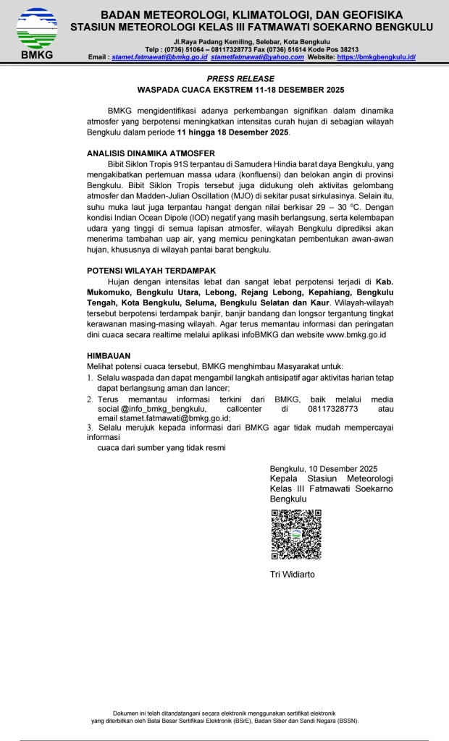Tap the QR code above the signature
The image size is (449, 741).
(295, 535)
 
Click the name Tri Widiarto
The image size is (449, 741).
(292, 575)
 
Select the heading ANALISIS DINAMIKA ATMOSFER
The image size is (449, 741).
(151, 154)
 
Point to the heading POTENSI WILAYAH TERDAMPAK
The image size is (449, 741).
(152, 271)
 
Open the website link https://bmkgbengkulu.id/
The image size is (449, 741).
(376, 56)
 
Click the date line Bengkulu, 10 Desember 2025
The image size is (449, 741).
(323, 469)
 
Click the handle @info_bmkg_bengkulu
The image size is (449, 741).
(158, 409)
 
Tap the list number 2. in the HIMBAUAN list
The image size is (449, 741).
(91, 399)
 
